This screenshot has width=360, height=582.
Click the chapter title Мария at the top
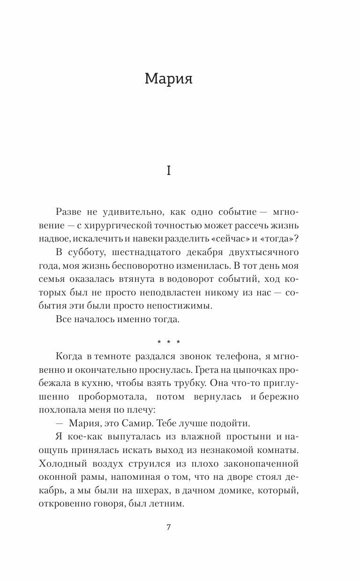point(169,79)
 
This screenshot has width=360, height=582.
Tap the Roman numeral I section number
point(169,171)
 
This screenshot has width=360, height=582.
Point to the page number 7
point(169,527)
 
